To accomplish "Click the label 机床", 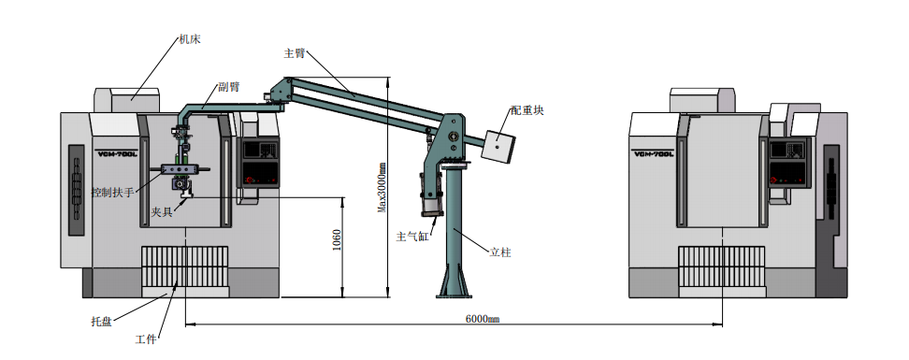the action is point(190,39).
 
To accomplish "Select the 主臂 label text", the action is point(294,53).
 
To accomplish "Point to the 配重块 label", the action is point(527,110).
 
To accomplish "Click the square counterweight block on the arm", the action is point(499,146).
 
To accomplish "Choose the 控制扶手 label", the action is point(113,192).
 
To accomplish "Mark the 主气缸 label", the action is point(412,237).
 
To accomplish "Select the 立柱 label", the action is point(500,252).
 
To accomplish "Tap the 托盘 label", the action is point(101,321).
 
